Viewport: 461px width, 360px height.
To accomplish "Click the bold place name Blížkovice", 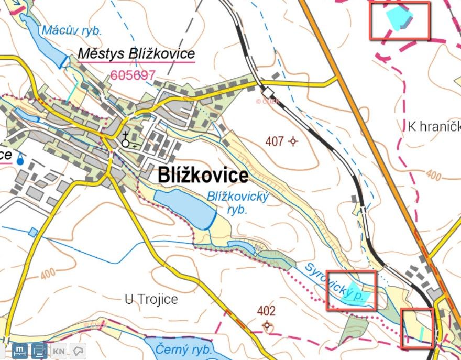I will point(203,176).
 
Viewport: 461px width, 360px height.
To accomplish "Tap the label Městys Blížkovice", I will point(136,54).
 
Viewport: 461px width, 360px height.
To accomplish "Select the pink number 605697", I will point(133,75).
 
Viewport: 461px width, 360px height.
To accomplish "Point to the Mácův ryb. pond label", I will point(72,30).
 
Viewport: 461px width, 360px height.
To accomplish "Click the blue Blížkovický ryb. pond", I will point(183,208).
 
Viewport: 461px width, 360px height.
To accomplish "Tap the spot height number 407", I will point(275,141).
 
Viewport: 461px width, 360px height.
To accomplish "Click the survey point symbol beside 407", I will point(293,141).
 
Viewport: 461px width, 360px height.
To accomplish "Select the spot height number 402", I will point(266,311).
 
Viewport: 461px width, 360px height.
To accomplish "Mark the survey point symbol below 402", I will point(268,326).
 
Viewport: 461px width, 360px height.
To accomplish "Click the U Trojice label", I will point(151,300).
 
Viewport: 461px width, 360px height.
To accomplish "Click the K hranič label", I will point(433,126).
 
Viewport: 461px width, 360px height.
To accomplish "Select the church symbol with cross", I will point(126,140).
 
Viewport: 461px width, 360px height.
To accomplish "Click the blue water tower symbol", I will point(20,159).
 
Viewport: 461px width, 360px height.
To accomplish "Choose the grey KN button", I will point(59,351).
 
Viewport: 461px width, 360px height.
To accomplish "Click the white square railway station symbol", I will point(269,91).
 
